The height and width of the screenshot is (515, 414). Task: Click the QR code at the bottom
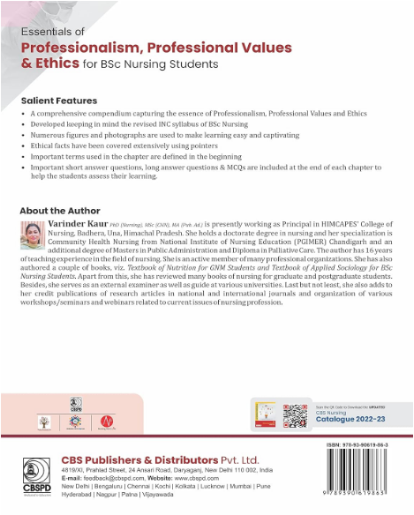click(294, 414)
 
